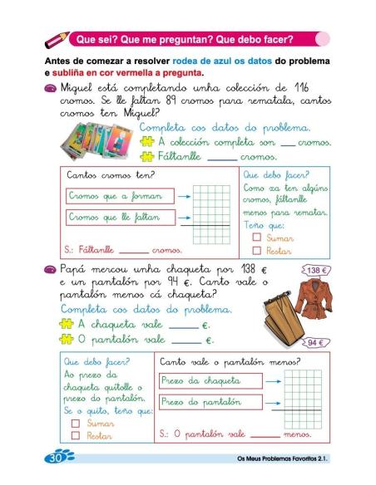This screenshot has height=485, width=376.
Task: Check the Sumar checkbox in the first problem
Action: [257, 237]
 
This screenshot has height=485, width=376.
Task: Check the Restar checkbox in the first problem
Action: [257, 249]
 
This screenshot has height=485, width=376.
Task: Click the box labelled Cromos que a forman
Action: [119, 197]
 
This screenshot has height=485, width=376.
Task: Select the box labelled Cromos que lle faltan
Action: [119, 218]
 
